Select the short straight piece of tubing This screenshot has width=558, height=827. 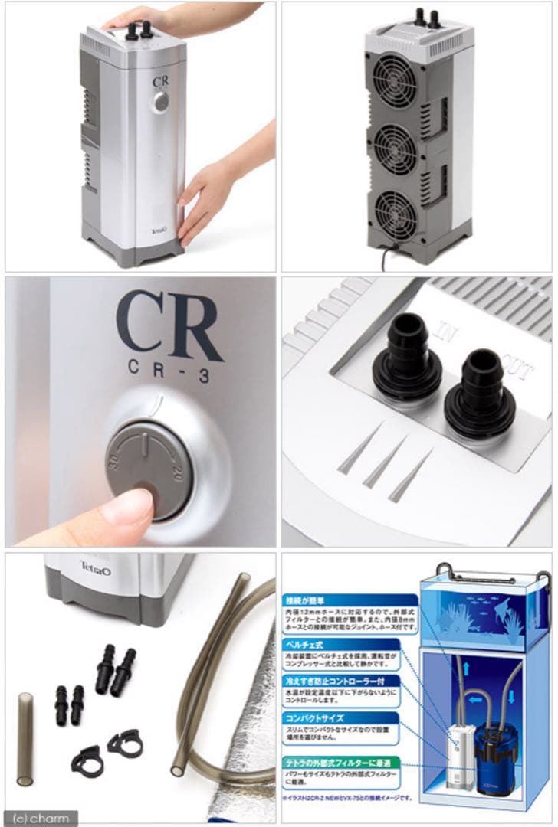[25, 739]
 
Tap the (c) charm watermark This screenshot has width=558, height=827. [40, 817]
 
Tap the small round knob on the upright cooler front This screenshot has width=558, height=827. [160, 102]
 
